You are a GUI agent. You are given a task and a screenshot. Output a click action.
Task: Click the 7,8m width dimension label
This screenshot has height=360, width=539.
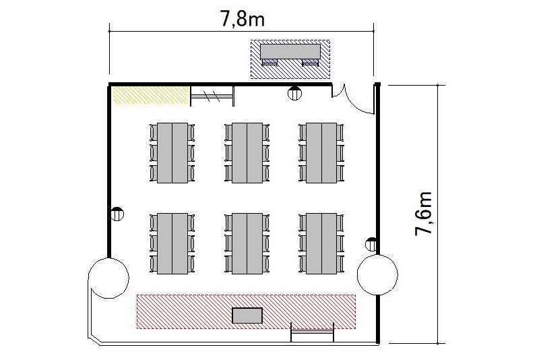[243, 18]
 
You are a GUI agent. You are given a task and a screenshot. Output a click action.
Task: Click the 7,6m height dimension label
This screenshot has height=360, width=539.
[423, 214]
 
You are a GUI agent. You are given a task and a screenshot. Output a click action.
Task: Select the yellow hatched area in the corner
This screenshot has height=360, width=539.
[151, 95]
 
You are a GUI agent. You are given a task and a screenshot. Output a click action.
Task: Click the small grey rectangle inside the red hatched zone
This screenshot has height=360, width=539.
[247, 316]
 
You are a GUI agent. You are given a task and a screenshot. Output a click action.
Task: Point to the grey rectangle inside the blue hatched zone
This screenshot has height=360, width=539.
[290, 51]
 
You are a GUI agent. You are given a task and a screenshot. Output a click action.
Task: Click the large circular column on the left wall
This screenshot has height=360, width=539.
[108, 278]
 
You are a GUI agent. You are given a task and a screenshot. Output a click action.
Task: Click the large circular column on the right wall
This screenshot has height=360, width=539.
[377, 275]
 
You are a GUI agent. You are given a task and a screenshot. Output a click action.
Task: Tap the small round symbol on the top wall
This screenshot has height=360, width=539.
[294, 93]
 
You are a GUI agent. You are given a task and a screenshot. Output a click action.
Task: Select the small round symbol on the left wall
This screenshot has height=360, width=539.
[117, 214]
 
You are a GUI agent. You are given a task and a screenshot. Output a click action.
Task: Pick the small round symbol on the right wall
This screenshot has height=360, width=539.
[371, 244]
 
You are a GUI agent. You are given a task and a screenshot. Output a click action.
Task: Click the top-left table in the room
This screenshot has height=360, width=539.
[172, 152]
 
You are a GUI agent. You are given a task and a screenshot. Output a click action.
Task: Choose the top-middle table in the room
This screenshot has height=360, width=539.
[247, 152]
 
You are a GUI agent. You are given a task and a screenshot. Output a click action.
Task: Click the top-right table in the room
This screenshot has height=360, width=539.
[321, 152]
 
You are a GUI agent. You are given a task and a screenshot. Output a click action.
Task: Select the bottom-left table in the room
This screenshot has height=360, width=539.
[172, 243]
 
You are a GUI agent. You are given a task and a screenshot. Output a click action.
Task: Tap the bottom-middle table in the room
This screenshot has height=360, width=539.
[247, 243]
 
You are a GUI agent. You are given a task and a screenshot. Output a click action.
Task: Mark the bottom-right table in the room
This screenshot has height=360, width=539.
[321, 243]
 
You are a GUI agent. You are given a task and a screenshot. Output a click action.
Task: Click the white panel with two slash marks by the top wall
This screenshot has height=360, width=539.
[212, 96]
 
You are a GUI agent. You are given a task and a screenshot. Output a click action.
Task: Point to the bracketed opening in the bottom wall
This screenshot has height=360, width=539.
[313, 332]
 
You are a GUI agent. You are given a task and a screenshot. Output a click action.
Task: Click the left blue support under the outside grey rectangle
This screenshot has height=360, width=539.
[269, 62]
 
